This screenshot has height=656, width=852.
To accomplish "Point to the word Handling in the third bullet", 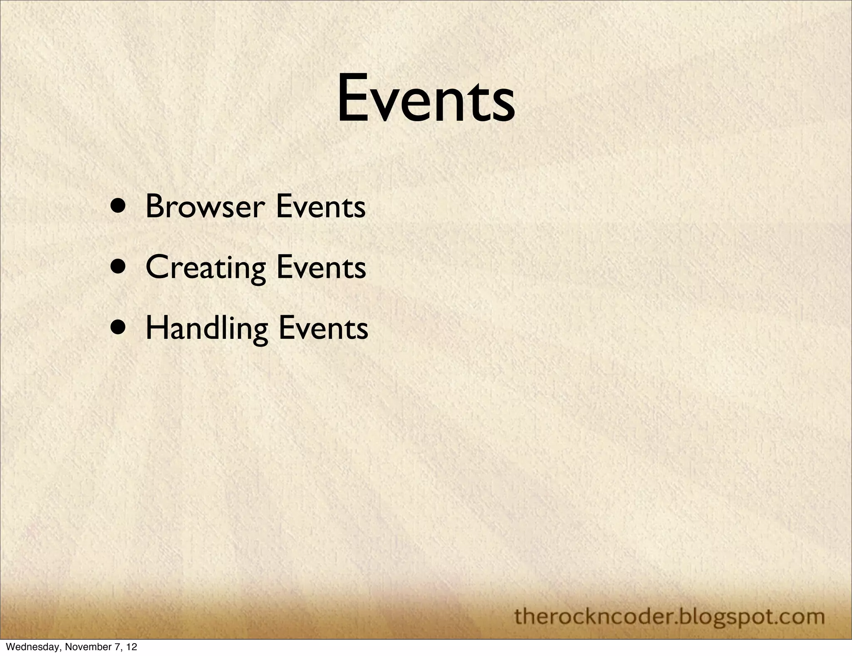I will (x=207, y=328).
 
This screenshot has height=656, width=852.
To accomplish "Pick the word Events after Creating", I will (x=321, y=267).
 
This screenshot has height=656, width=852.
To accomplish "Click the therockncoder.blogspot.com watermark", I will (x=669, y=616).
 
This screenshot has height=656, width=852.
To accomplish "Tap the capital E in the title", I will (x=352, y=98).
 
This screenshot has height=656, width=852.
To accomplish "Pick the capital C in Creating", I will (x=156, y=267).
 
